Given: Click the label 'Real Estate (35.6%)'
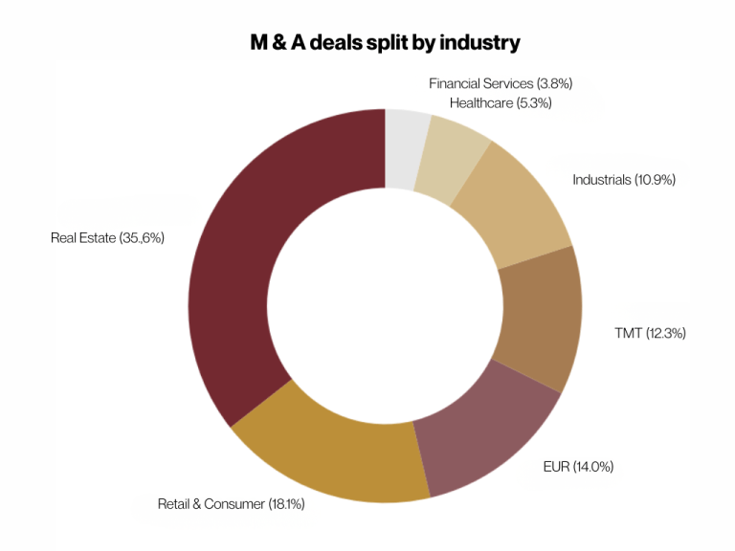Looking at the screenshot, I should (x=108, y=237).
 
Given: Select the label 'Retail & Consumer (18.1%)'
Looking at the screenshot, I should (x=231, y=503).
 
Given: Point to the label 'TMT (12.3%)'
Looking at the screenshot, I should (x=650, y=333).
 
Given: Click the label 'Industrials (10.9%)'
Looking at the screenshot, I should (x=624, y=179).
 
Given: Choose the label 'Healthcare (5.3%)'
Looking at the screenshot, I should (x=501, y=102).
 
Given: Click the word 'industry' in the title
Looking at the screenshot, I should (x=479, y=43).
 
